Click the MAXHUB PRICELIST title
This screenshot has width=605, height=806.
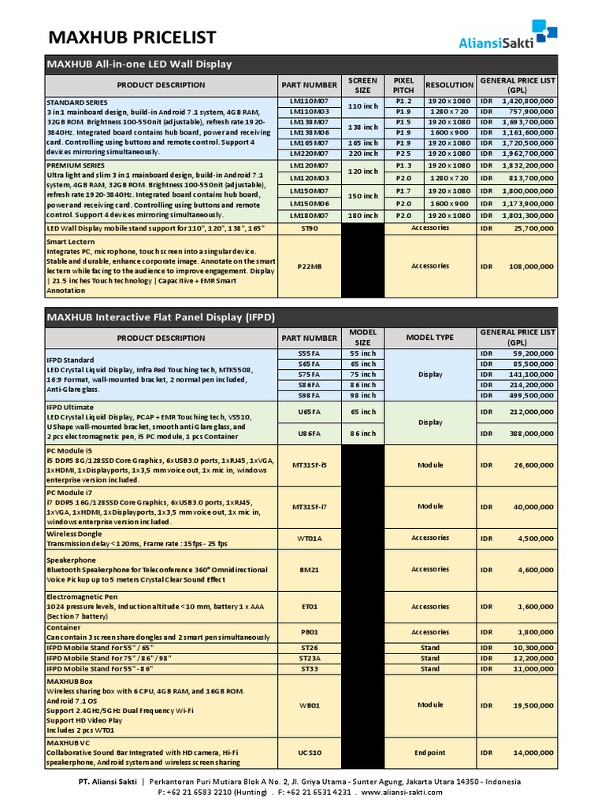click(x=132, y=37)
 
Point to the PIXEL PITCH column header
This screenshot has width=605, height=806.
click(x=403, y=85)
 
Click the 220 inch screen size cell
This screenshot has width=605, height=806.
click(x=362, y=154)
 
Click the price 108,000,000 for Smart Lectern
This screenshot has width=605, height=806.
click(x=529, y=266)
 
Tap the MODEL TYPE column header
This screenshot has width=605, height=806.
click(x=429, y=338)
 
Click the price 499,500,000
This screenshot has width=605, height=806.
click(x=529, y=396)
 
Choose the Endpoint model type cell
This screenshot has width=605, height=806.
click(x=429, y=752)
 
